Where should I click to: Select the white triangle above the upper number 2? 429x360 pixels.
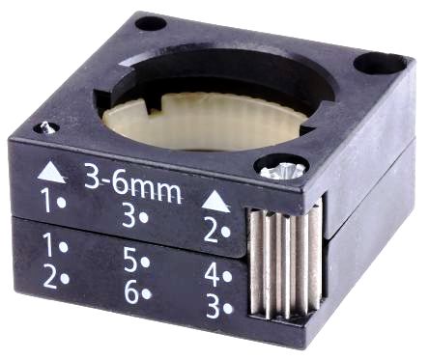(x=216, y=202)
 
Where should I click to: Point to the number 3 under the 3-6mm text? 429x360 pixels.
(x=129, y=216)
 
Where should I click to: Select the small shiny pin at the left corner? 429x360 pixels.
(x=44, y=125)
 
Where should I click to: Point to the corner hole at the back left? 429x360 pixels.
(x=152, y=22)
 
